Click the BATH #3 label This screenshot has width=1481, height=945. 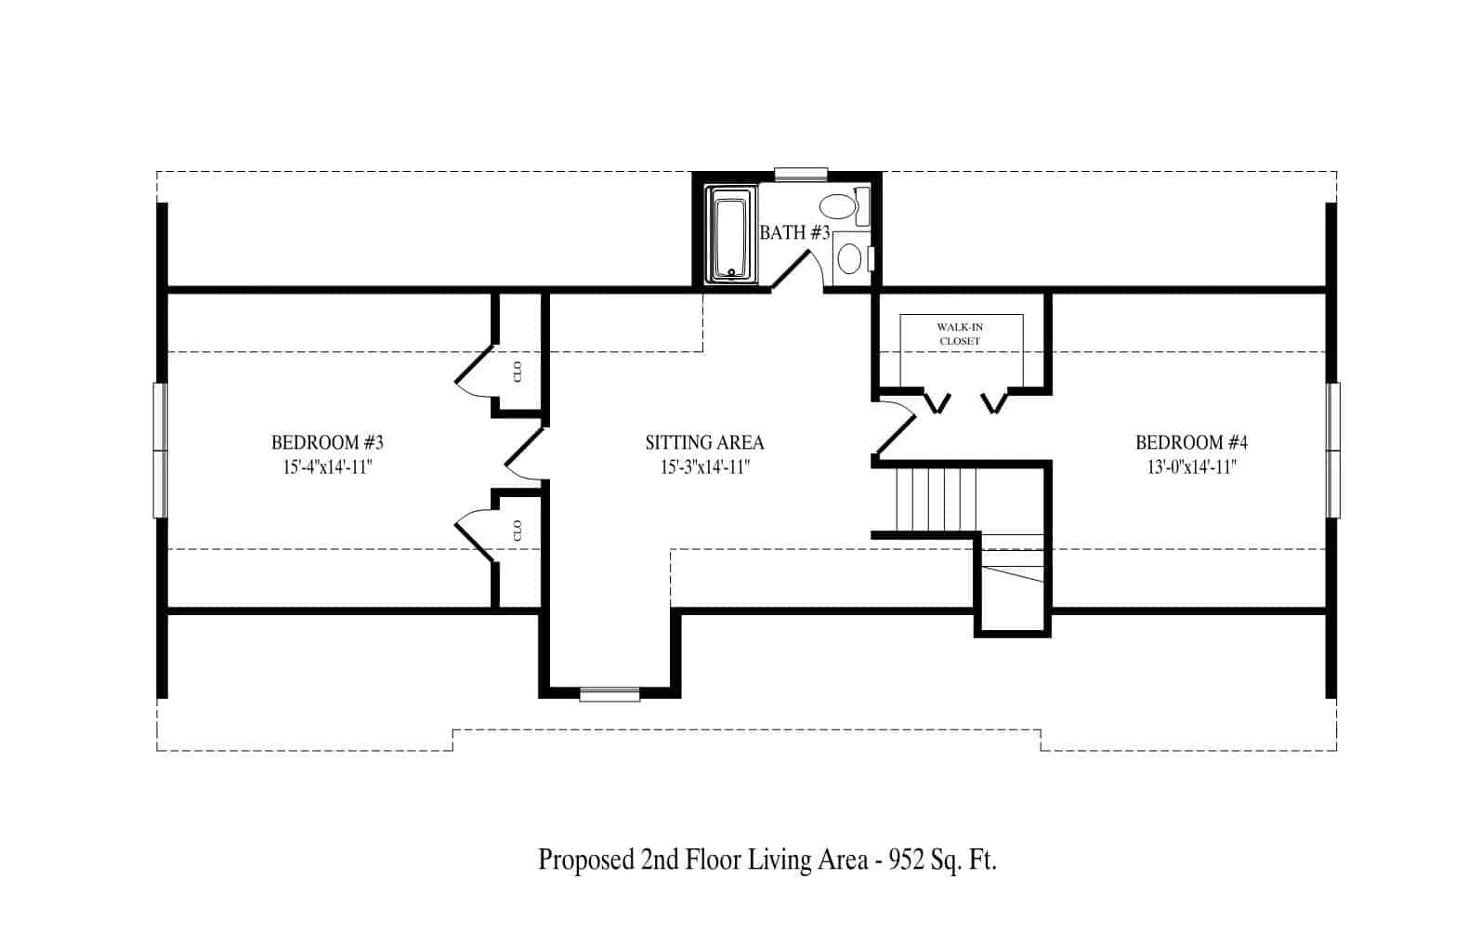[794, 233]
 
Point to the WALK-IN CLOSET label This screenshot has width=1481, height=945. [960, 335]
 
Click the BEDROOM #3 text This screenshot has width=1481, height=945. [327, 442]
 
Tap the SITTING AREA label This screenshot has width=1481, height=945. [704, 442]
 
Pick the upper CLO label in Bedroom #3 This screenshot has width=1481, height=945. [518, 371]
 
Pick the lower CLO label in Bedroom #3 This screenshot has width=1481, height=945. [518, 530]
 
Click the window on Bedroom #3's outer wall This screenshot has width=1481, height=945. [160, 450]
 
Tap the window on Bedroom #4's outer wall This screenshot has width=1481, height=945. [1333, 450]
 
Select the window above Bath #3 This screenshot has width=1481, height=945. [801, 174]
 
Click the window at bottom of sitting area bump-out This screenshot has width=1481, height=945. [609, 693]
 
